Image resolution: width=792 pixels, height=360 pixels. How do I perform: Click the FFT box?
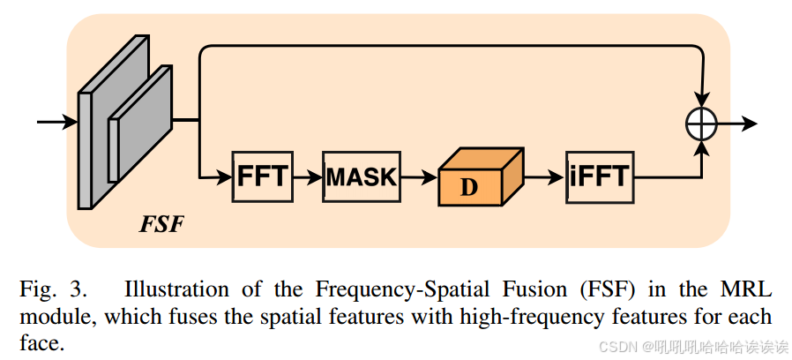[x=262, y=176]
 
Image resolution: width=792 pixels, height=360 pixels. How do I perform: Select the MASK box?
[x=362, y=176]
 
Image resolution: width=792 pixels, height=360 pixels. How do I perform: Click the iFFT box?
[x=599, y=176]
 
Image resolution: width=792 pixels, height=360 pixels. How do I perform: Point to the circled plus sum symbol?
[x=701, y=124]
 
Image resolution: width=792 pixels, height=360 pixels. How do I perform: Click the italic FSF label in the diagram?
[x=161, y=223]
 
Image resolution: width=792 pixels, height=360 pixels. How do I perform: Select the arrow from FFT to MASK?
[x=306, y=176]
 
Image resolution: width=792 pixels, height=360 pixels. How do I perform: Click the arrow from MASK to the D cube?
[x=418, y=176]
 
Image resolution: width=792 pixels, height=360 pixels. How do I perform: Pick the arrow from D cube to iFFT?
[x=543, y=176]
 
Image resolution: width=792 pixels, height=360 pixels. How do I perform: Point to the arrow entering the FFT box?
[x=216, y=176]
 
